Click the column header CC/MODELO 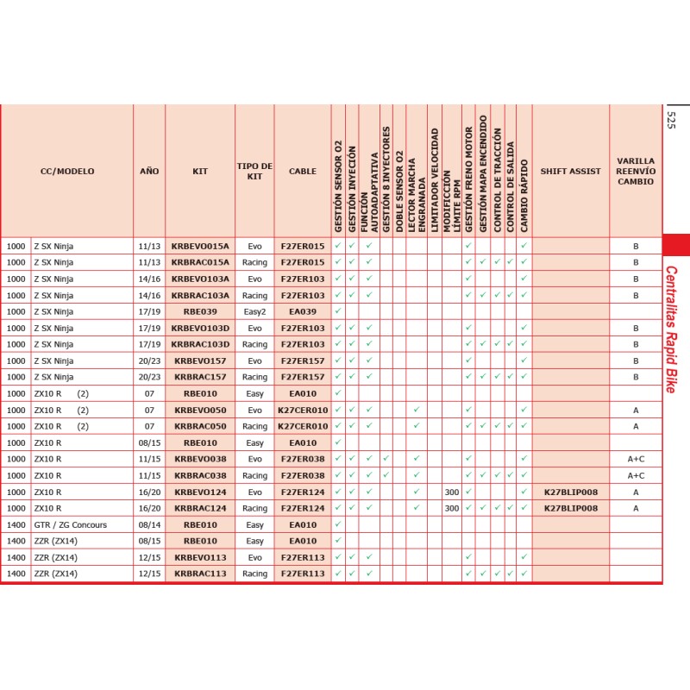[67, 172]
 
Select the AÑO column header [149, 172]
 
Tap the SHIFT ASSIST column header [570, 172]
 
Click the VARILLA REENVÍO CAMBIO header [636, 172]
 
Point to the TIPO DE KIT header [254, 172]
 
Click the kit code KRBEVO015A [200, 246]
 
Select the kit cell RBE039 [200, 311]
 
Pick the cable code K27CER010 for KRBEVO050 [303, 410]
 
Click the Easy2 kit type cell [254, 311]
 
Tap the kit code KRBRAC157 [200, 377]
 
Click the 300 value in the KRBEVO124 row [452, 492]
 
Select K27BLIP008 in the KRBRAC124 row [570, 508]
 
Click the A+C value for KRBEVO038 [636, 459]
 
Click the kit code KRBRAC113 [200, 574]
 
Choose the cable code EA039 [303, 311]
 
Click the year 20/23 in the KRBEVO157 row [149, 361]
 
